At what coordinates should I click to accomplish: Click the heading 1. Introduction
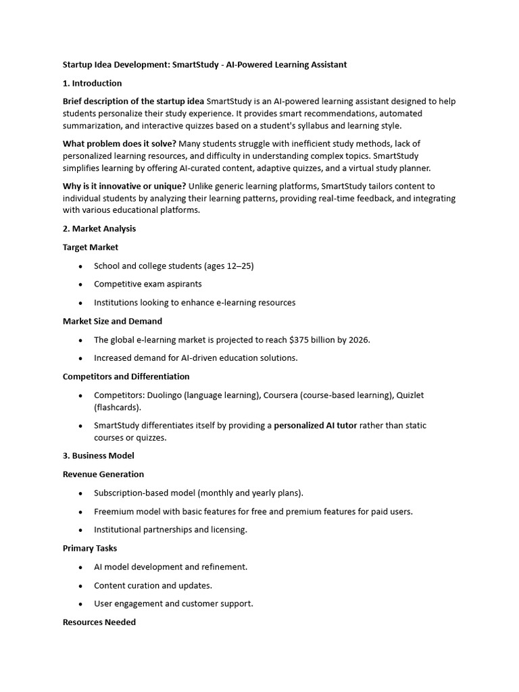coord(92,83)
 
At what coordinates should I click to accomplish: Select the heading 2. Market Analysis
coord(99,229)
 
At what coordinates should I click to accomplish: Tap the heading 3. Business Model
coord(98,455)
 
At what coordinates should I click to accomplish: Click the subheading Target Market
coord(91,247)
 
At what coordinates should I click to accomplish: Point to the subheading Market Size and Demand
coord(112,321)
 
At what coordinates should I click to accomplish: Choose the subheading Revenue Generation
coord(103,474)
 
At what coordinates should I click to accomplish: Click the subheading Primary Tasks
coord(90,548)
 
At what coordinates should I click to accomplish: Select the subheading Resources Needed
coord(99,622)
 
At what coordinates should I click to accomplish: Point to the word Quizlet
coord(410,395)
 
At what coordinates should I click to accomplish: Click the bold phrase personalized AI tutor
coord(315,426)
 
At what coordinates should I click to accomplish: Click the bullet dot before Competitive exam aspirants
coord(80,285)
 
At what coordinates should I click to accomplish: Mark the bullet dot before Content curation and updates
coord(80,586)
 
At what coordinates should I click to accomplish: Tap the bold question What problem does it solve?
coord(119,144)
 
